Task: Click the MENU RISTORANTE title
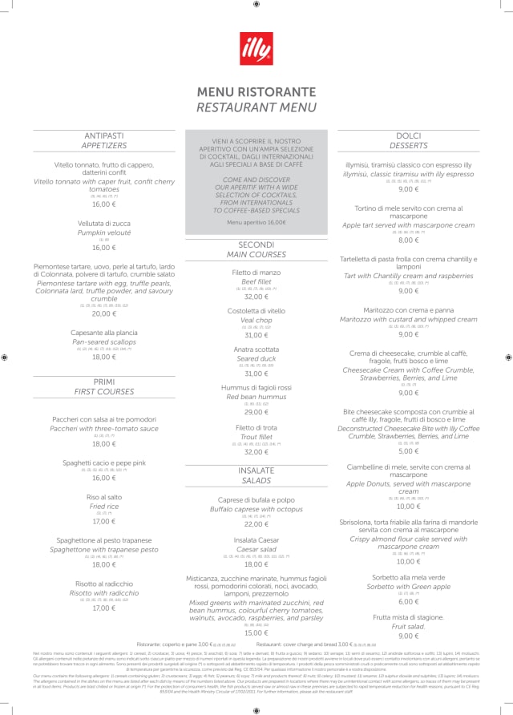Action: [256, 92]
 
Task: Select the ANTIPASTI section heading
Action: [103, 136]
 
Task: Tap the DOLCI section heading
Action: [409, 136]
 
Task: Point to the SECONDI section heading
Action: [256, 244]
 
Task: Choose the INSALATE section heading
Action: [256, 471]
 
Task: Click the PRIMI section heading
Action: [103, 382]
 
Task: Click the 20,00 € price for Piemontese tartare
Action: [103, 314]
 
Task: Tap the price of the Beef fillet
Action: [256, 297]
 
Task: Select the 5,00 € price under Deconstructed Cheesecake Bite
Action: [409, 451]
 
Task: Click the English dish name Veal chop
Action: [256, 320]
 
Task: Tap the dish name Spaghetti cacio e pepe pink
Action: [103, 463]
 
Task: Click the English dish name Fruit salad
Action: [409, 626]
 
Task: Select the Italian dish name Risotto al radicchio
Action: [103, 584]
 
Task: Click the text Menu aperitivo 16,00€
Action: [256, 222]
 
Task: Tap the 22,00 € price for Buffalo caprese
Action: [256, 524]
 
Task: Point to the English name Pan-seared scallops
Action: [103, 342]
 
